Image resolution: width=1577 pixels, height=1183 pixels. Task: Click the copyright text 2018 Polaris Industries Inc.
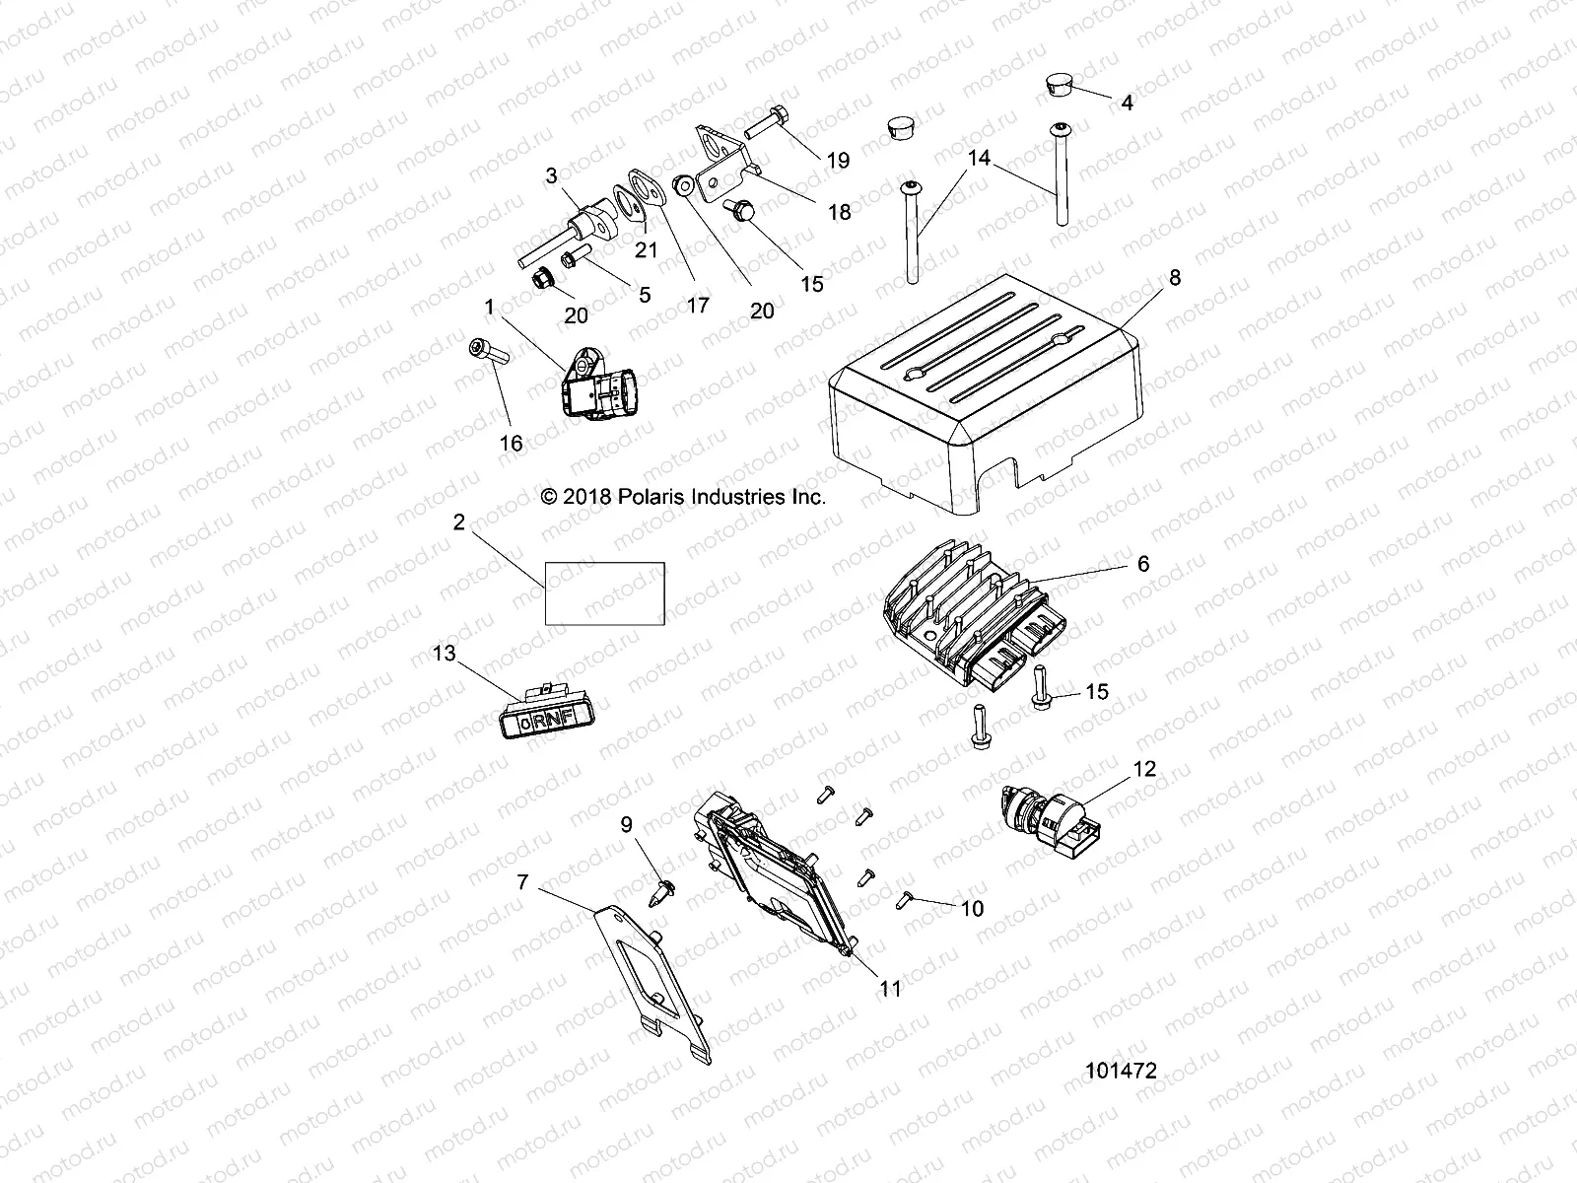[683, 498]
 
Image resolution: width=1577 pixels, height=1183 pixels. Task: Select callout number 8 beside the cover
[1174, 278]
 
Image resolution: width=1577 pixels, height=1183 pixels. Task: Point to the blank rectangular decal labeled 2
[605, 593]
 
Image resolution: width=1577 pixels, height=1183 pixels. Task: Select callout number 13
[445, 654]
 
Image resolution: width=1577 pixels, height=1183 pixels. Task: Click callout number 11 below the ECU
[890, 989]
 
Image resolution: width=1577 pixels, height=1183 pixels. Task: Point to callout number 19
[838, 160]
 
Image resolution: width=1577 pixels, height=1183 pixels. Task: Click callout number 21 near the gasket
[646, 250]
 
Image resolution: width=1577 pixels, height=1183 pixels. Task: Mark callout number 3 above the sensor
[580, 175]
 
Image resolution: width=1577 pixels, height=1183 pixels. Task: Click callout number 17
[697, 306]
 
